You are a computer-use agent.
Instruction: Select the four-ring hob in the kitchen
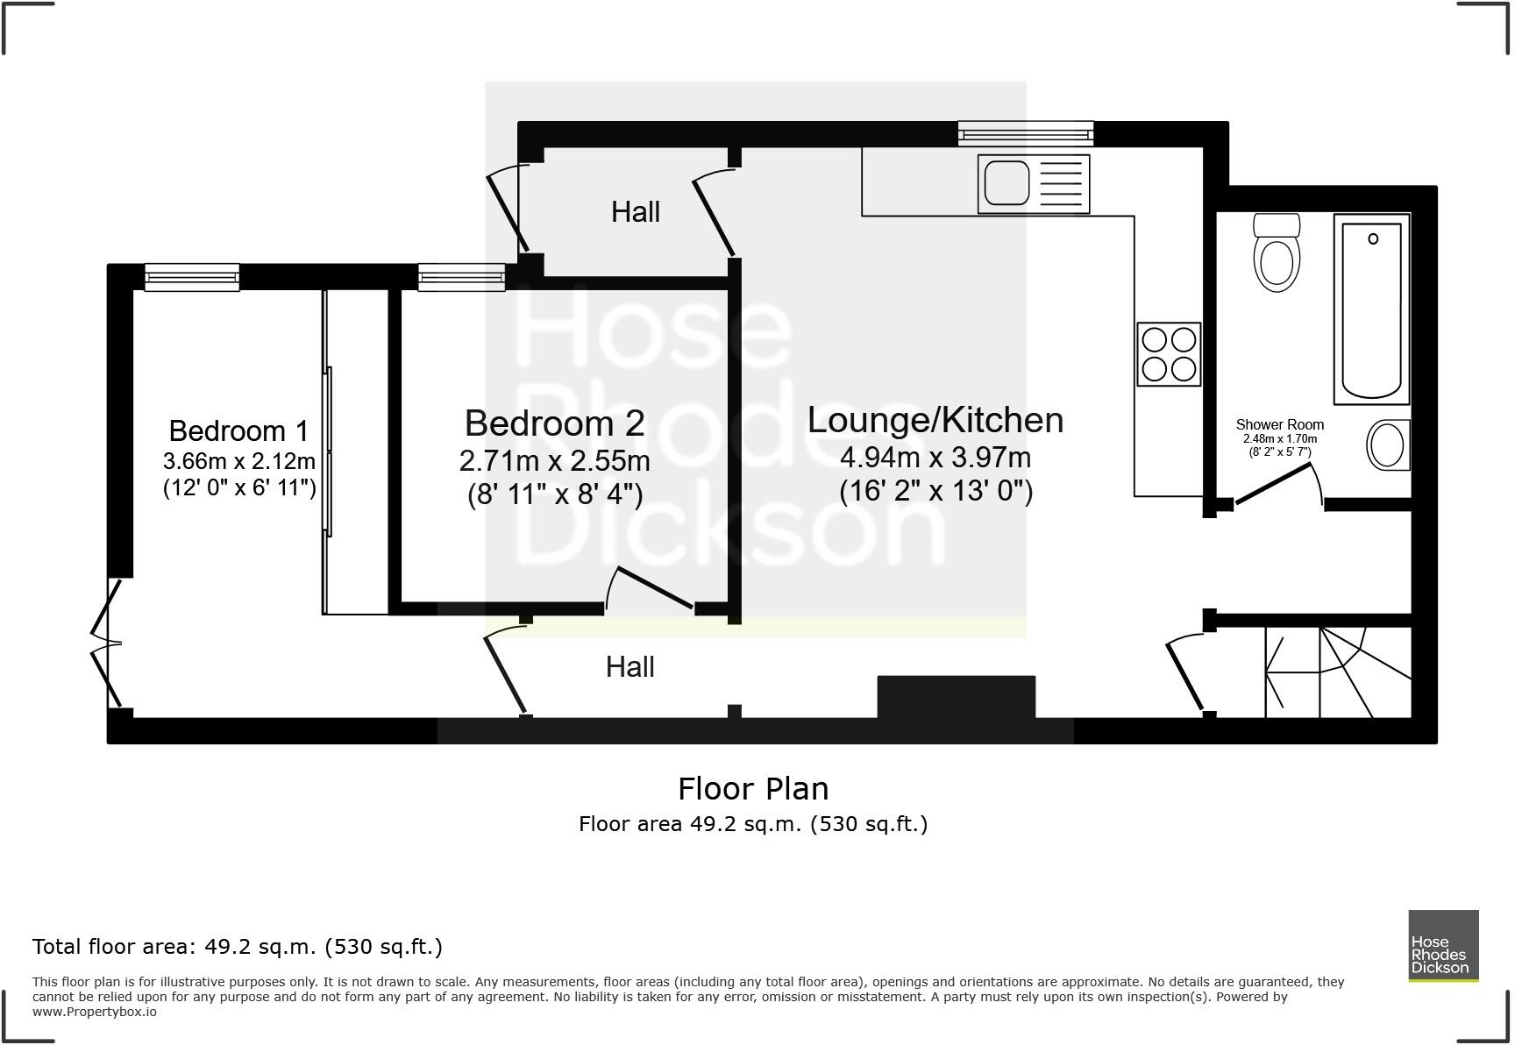click(x=1169, y=354)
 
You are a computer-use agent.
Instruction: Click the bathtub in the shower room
click(x=1372, y=309)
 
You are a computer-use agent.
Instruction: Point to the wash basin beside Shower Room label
click(x=1388, y=445)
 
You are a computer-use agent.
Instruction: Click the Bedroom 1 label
click(x=238, y=430)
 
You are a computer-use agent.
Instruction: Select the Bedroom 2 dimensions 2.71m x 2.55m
click(x=554, y=460)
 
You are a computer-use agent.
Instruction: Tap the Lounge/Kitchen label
click(x=935, y=420)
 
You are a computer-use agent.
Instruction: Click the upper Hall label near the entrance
click(x=635, y=211)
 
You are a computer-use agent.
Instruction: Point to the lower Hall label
click(x=629, y=667)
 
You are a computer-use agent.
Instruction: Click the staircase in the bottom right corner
click(x=1338, y=672)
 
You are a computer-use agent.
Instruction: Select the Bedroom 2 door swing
click(x=653, y=589)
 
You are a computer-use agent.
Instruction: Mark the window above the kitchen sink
click(x=1025, y=133)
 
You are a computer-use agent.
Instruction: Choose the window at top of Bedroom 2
click(x=461, y=278)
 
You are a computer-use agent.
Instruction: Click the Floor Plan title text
click(x=753, y=788)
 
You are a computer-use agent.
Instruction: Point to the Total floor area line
click(x=237, y=946)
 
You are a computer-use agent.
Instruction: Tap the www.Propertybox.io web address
click(x=95, y=1012)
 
